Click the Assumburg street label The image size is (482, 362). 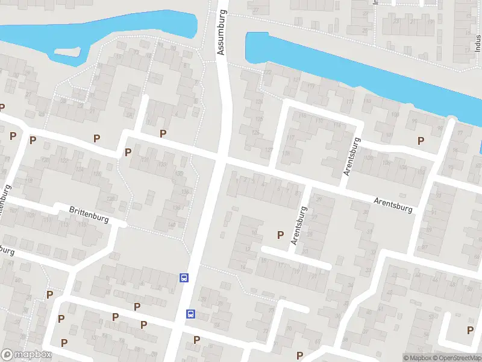(x=222, y=32)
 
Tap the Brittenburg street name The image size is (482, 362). (x=89, y=215)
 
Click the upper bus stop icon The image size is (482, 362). (x=184, y=278)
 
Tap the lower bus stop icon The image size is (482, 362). (x=190, y=314)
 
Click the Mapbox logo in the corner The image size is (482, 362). (x=25, y=355)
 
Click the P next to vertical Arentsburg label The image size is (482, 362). (x=280, y=234)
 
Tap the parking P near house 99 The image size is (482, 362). (x=421, y=141)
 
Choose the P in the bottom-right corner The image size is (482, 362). (x=470, y=330)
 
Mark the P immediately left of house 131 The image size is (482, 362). (x=128, y=152)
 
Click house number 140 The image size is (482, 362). (x=173, y=226)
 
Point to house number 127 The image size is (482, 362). (x=269, y=150)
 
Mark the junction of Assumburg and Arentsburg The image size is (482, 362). (x=221, y=158)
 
